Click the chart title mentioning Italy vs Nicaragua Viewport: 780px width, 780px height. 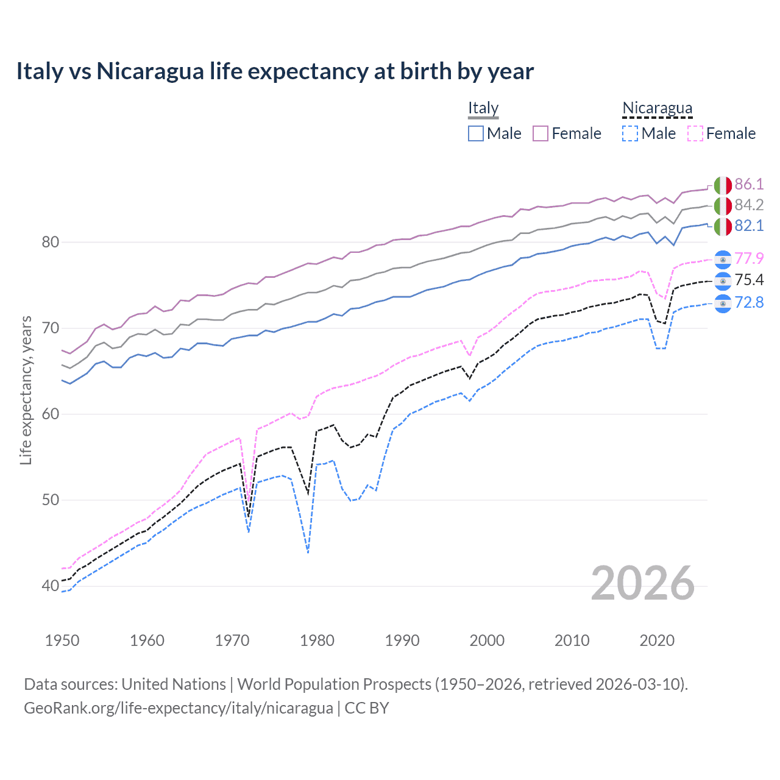point(275,71)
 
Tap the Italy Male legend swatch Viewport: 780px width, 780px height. point(476,133)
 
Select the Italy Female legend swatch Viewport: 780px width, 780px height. point(541,133)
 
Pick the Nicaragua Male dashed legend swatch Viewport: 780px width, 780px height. point(630,133)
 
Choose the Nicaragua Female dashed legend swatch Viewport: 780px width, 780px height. point(695,133)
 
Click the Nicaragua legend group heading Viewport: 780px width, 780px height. point(657,108)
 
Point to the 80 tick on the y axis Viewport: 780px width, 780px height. point(51,242)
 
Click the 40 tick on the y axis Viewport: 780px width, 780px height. point(51,586)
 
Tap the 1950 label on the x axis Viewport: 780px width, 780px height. point(62,640)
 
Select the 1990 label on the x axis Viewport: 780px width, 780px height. point(402,640)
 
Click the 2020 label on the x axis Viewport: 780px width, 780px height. point(657,640)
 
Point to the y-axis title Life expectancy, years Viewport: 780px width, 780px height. point(26,390)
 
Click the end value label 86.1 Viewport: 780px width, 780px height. point(749,185)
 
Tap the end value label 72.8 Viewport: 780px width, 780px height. point(749,302)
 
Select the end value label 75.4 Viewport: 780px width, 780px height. point(749,280)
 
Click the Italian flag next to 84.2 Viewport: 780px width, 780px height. point(723,205)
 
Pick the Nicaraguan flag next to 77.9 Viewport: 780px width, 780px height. point(723,259)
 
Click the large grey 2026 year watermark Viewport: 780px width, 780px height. point(643,584)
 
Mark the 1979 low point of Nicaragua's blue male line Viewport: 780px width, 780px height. point(308,552)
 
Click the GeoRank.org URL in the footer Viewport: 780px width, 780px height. point(178,708)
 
